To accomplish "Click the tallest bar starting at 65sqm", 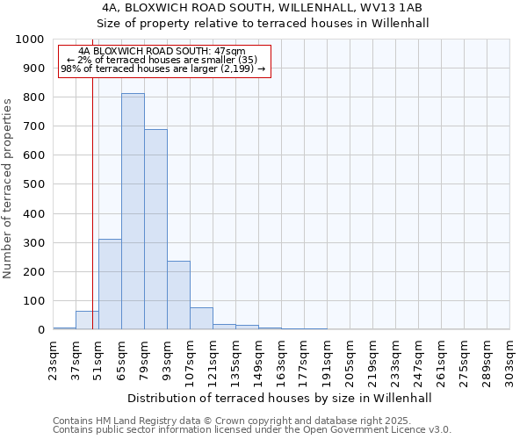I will coord(133,211).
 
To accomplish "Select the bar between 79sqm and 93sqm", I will coord(155,229).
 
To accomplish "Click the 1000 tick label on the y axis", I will coord(30,40).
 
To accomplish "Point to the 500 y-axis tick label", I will coord(33,184).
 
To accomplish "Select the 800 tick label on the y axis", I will coord(33,97).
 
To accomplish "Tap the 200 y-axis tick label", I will coord(33,272).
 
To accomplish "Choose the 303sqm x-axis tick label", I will coord(510,360).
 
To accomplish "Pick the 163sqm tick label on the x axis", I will coord(282,360).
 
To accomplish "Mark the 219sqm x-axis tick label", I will coord(373,360).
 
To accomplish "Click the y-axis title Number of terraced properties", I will coord(8,188).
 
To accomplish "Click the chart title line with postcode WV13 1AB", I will coord(263,7).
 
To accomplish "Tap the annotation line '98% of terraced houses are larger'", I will coord(162,68).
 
